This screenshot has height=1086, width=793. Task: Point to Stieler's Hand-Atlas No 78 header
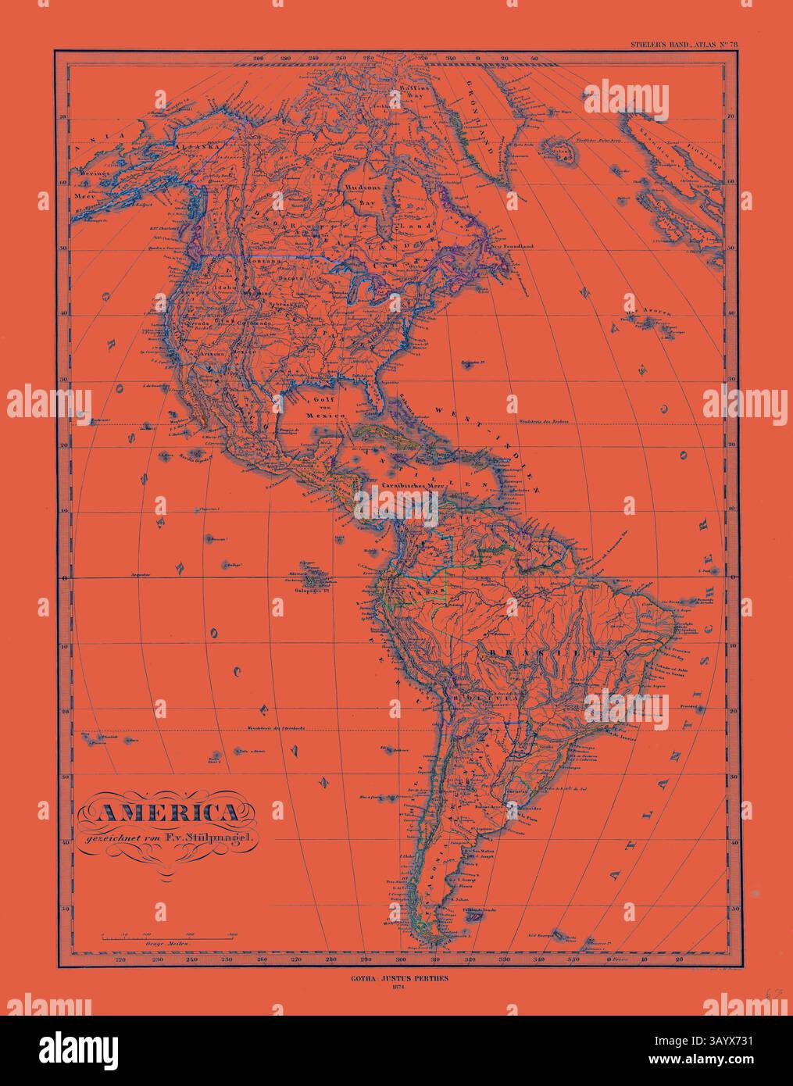(x=683, y=45)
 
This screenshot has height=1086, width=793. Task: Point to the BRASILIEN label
(x=559, y=649)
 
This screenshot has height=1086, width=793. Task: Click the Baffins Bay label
(x=402, y=97)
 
